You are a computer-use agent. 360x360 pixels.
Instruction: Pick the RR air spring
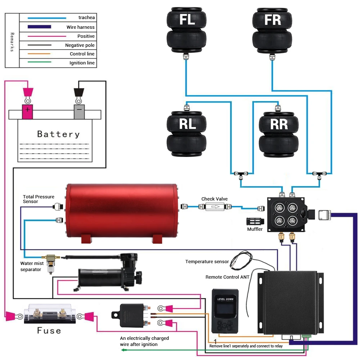tap(279, 134)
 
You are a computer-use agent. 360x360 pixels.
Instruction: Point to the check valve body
tap(215, 207)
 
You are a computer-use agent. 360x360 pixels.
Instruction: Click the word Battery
tap(58, 134)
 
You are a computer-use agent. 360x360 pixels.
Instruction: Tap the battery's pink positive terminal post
tap(27, 112)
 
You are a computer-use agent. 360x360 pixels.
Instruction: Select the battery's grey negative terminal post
tap(79, 112)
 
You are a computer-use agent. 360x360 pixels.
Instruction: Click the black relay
tap(132, 315)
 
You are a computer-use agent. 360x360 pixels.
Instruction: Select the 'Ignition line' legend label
tap(82, 63)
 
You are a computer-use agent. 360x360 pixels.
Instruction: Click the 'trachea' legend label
tap(87, 18)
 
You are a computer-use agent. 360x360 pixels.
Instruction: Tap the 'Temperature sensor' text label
tap(207, 262)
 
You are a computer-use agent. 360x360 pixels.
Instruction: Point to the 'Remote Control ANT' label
tap(228, 277)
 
